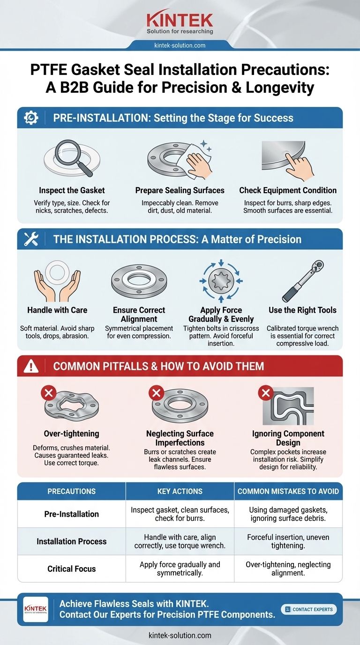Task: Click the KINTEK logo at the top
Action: (180, 21)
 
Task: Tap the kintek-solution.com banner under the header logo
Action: (180, 45)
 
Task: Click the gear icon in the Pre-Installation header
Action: (31, 118)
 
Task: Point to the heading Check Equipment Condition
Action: (288, 190)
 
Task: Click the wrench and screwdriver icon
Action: (31, 239)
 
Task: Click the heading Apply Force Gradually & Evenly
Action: (221, 315)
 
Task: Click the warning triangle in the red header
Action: (31, 366)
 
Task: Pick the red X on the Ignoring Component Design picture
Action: (265, 392)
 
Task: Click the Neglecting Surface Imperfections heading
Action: (180, 438)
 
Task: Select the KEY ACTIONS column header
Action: (180, 491)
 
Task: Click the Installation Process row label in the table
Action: (71, 541)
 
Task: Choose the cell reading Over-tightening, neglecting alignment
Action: (288, 569)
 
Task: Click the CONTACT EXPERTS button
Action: (308, 609)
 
